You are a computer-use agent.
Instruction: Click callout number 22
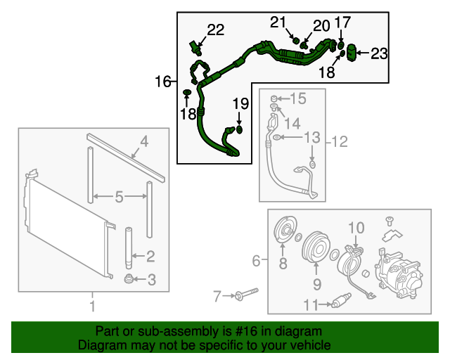pos(215,30)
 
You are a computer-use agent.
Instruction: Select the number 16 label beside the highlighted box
pos(163,82)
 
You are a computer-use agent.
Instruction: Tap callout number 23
pos(379,53)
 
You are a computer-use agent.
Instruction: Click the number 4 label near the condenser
pos(143,143)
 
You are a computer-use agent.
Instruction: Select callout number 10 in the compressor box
pos(356,228)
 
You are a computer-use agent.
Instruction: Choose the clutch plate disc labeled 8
pos(284,233)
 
